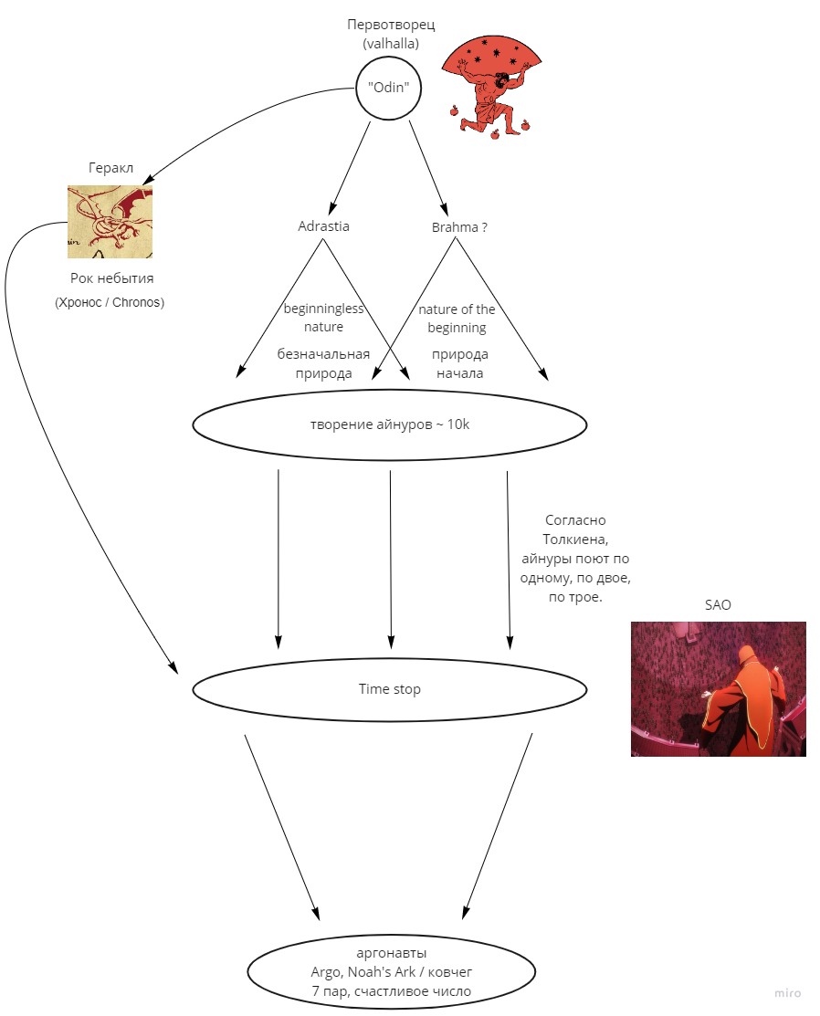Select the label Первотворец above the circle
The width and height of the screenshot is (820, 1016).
click(391, 25)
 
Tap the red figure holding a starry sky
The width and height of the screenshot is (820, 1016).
click(492, 88)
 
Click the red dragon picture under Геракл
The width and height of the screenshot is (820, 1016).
click(110, 222)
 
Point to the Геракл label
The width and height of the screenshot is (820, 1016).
click(110, 168)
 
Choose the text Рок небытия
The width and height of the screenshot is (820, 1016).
click(112, 278)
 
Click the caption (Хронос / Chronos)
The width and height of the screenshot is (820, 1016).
click(110, 302)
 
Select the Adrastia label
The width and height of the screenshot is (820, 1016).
click(323, 226)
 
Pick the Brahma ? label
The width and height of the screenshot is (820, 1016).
click(459, 227)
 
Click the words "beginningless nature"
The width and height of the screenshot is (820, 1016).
click(323, 318)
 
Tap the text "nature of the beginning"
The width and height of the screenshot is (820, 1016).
click(457, 319)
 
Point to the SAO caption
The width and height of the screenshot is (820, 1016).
click(718, 605)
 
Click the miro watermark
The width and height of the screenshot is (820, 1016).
click(788, 992)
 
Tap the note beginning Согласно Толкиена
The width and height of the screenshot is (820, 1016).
click(575, 559)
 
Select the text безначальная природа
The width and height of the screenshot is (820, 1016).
click(323, 363)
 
